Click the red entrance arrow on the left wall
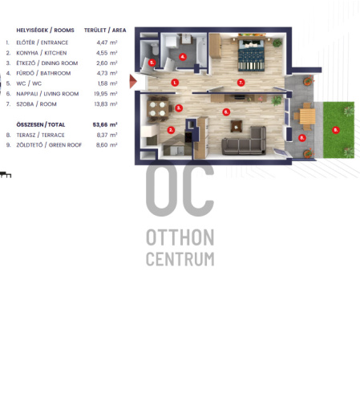133,81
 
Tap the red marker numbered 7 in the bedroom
241,83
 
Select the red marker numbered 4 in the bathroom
183,57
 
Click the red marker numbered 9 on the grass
336,130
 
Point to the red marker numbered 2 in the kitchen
171,130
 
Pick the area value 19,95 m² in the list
106,94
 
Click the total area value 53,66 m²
105,124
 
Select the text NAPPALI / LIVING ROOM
47,94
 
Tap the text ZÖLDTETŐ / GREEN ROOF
49,145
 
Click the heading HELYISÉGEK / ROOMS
45,30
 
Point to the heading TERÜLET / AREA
105,30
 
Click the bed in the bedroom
251,54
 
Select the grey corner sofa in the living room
244,141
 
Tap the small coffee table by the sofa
237,126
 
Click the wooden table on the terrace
307,116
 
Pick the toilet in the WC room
155,49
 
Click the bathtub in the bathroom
201,52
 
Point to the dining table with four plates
157,109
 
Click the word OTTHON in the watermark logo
180,237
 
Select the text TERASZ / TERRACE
40,135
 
